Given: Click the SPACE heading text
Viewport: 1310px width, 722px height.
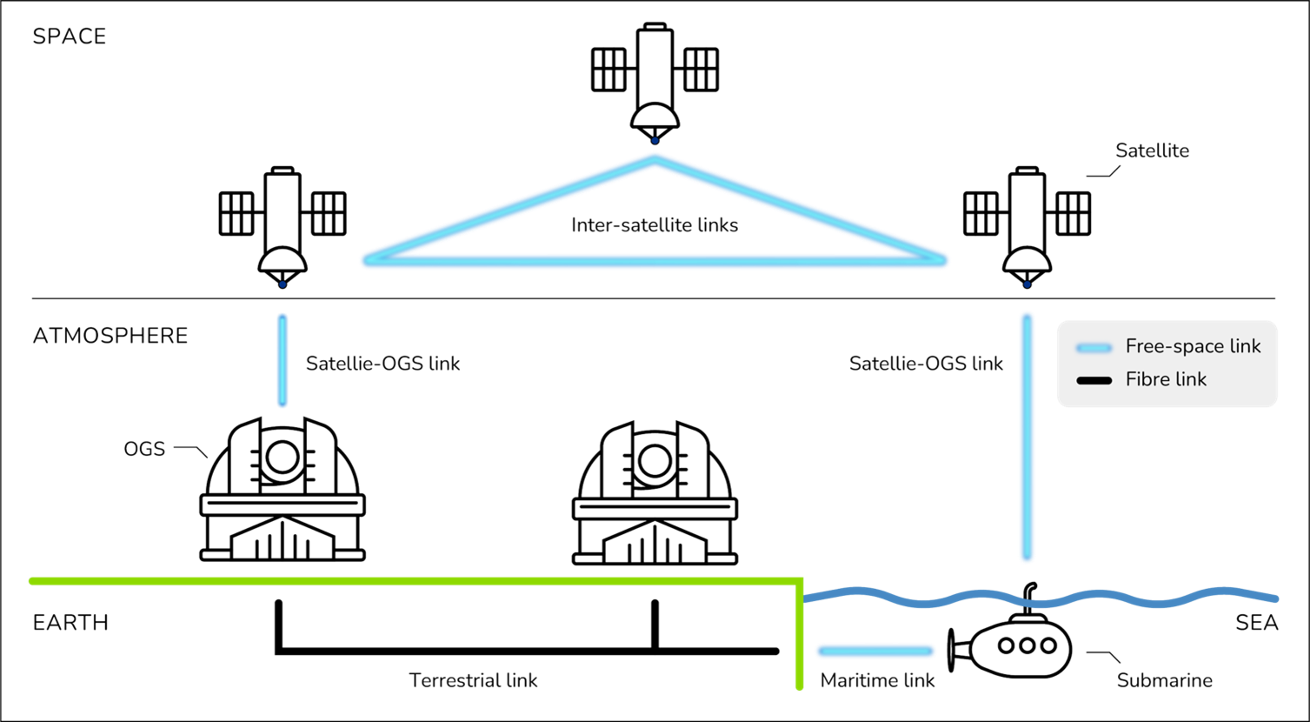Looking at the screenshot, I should coord(69,37).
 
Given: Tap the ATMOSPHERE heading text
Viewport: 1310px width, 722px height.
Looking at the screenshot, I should coord(110,336).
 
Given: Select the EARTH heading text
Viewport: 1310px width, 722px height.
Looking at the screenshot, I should coord(70,623).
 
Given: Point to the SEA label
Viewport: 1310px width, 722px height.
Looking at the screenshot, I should coord(1256,623).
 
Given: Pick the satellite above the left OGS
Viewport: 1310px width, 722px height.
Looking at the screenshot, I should coord(282,222).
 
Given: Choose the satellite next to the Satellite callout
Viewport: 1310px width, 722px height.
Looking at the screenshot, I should coord(1026,222).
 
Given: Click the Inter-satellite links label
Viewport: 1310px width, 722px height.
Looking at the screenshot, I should coord(655,225).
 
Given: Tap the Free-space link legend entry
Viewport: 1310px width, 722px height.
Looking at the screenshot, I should coord(1193,346).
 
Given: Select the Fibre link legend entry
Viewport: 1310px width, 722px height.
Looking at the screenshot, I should coord(1166,379).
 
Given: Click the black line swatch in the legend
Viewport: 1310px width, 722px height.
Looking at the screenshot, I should coord(1094,380).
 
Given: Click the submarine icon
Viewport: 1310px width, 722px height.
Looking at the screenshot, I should coord(1014,645).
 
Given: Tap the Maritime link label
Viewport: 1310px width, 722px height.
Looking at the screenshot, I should coord(878,679).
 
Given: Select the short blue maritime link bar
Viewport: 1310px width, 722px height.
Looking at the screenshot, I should coord(875,650).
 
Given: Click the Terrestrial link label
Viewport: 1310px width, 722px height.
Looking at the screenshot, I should coord(473,679).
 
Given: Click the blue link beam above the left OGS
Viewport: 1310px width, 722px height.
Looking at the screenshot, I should coord(282,360).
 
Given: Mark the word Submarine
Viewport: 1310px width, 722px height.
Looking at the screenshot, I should coord(1164,679).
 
